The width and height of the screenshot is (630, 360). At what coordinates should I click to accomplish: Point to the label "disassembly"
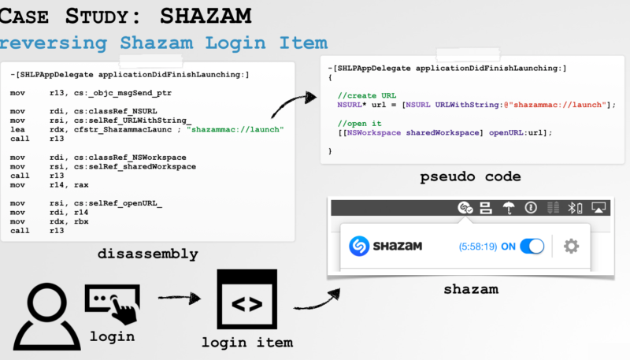click(x=147, y=254)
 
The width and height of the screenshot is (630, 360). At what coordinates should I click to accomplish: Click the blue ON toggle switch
click(x=532, y=247)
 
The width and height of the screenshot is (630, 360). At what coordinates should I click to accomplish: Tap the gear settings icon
click(x=572, y=247)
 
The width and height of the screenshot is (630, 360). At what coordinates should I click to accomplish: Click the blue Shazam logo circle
click(x=360, y=247)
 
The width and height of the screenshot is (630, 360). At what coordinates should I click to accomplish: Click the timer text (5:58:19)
click(x=477, y=247)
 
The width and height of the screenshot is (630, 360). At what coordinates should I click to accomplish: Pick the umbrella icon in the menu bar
click(x=510, y=208)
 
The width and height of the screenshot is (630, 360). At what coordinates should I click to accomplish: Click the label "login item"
click(x=246, y=343)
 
